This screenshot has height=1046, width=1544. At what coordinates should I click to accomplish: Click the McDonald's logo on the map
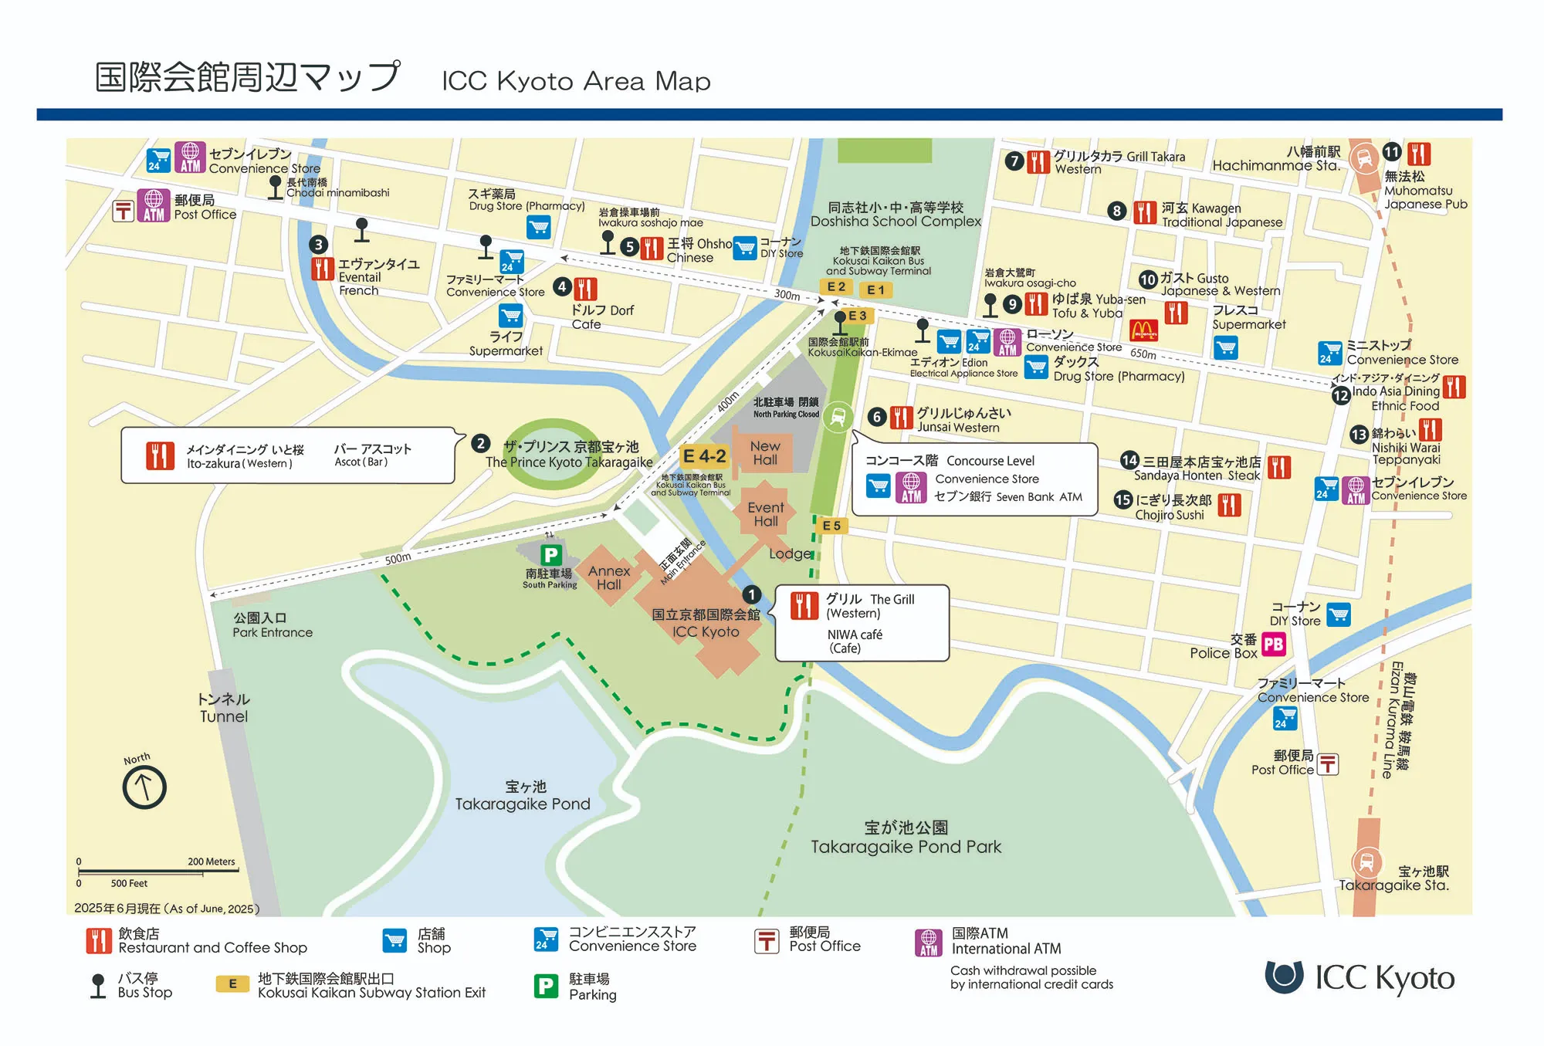(1143, 330)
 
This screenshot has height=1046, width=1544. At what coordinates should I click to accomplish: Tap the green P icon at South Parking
(550, 554)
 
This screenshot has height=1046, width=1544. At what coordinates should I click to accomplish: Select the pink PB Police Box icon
(1273, 644)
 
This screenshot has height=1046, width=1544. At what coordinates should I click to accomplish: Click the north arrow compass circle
(144, 787)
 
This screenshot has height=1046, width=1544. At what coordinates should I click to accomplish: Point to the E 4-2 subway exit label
(704, 456)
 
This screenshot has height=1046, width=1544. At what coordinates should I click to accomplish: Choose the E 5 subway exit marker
(831, 526)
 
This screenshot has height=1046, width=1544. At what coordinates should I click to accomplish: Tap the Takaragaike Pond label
(523, 796)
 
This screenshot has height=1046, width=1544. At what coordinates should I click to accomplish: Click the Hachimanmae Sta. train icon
(1364, 158)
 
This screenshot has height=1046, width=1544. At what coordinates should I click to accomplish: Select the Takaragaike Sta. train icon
(1366, 862)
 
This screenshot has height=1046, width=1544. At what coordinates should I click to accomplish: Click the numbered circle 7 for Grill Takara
(1014, 161)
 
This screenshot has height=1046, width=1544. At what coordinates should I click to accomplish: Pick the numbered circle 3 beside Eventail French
(318, 245)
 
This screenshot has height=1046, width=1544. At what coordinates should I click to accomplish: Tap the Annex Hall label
(609, 577)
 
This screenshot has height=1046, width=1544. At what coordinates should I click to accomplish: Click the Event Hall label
(765, 514)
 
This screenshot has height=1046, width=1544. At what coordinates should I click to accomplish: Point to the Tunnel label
(224, 708)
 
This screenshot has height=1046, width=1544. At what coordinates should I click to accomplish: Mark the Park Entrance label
(273, 625)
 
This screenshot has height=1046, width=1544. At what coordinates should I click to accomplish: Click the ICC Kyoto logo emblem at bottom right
(1284, 976)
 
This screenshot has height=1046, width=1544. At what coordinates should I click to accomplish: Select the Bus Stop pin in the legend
(98, 986)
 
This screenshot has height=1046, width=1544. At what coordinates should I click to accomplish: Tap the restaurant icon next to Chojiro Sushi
(1229, 505)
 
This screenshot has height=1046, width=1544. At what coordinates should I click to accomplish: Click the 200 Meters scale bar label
(211, 862)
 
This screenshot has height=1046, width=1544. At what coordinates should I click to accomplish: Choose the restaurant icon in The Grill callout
(804, 606)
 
